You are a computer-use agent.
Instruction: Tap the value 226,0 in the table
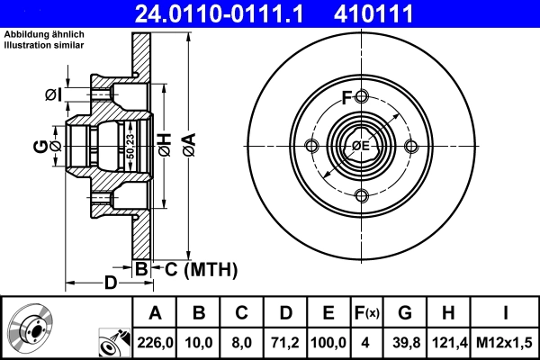(154, 342)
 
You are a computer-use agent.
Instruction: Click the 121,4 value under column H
(448, 342)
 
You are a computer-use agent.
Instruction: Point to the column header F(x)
(367, 313)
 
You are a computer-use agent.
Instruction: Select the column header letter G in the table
(405, 313)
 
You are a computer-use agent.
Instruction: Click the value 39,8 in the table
(405, 342)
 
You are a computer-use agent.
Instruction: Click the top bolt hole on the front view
(361, 97)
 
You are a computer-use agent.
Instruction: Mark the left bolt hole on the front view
(311, 147)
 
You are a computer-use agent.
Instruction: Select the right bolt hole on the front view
(411, 147)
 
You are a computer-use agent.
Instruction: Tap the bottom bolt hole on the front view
(361, 196)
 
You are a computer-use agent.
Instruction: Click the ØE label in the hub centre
(360, 147)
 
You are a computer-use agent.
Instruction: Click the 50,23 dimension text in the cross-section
(131, 146)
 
